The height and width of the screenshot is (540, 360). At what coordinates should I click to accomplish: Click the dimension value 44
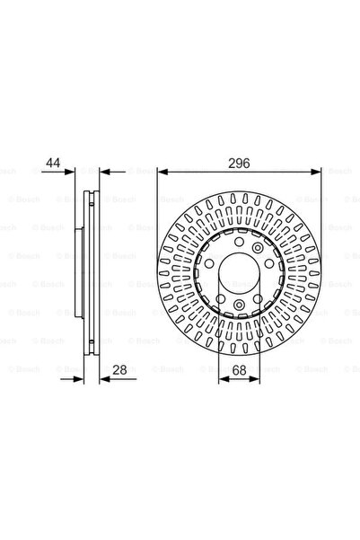tap(53, 163)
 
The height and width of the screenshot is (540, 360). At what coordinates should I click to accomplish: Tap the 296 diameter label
tap(239, 164)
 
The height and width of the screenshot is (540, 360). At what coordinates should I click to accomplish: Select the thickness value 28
tap(119, 370)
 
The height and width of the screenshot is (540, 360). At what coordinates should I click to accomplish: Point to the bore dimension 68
tap(239, 370)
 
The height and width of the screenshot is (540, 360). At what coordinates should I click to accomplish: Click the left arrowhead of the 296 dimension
tap(162, 172)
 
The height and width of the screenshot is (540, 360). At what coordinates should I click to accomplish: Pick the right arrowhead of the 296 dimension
tap(316, 172)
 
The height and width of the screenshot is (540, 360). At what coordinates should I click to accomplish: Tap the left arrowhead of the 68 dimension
tap(224, 379)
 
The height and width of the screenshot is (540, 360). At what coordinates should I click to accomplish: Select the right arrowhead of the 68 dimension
tap(254, 379)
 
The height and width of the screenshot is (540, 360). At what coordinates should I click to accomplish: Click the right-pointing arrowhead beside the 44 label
tap(69, 171)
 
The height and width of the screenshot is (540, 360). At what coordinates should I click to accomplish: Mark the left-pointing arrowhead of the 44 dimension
tap(105, 171)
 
